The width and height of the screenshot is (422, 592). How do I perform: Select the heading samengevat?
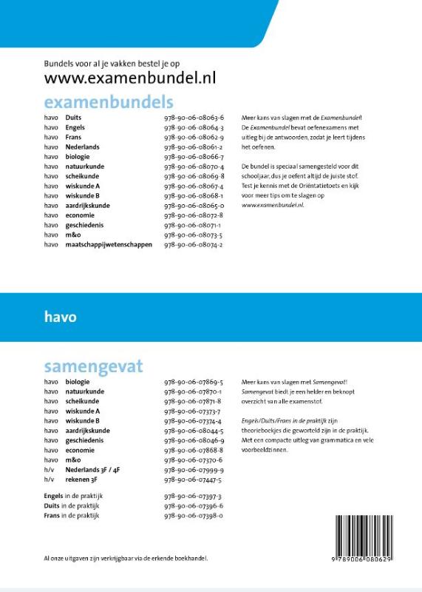tap(93, 366)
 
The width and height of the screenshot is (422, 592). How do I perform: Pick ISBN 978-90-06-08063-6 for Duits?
tap(194, 118)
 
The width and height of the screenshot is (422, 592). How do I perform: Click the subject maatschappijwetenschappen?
tap(108, 244)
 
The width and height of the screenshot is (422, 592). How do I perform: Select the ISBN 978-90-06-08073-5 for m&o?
tap(194, 235)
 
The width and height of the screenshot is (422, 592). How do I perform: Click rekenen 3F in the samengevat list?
tap(81, 479)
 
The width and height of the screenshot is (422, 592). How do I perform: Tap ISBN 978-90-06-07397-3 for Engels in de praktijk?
tap(194, 496)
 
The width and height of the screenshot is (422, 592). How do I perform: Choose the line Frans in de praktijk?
tap(72, 515)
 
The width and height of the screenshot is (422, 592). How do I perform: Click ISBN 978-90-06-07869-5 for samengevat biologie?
tap(194, 382)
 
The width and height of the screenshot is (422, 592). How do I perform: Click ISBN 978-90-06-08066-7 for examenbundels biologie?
tap(194, 157)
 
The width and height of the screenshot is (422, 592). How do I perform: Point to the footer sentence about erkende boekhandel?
tap(126, 559)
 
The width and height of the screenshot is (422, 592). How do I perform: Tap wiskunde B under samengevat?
tap(82, 420)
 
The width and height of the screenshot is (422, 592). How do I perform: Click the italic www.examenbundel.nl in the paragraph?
tap(273, 205)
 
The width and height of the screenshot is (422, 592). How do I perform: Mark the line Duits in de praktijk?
tap(72, 505)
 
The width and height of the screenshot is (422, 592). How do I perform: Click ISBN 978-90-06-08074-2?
tap(194, 244)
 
